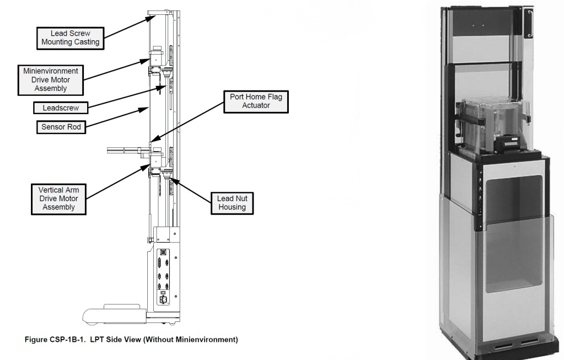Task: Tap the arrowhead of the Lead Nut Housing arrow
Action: [171, 178]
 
